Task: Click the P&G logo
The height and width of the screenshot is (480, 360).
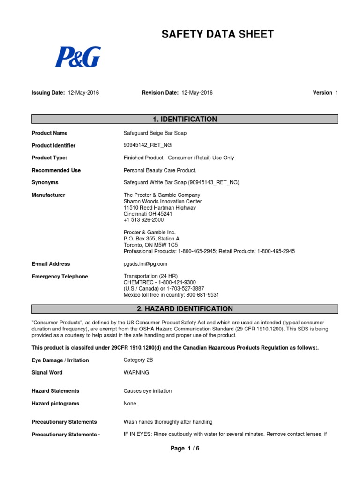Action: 78,57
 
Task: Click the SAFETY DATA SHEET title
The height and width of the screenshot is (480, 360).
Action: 217,34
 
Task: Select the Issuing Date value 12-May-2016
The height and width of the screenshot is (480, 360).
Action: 83,93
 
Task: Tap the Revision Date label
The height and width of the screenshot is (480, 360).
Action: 160,93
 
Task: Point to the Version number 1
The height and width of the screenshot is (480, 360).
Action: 336,93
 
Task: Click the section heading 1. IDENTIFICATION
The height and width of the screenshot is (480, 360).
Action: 185,120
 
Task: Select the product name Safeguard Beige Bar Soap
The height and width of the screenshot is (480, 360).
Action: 155,133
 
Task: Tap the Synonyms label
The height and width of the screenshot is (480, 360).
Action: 45,183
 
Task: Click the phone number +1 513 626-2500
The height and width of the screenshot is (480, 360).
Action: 143,220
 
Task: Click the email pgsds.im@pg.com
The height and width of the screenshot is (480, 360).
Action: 145,264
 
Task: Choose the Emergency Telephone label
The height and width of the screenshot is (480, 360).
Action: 60,277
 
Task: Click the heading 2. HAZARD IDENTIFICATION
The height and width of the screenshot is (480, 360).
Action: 185,309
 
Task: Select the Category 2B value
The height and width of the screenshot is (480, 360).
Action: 138,360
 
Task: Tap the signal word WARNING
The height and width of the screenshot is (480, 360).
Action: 136,373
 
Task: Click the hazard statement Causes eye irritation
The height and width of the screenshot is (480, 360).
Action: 148,391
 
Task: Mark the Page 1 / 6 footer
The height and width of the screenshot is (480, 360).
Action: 185,449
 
